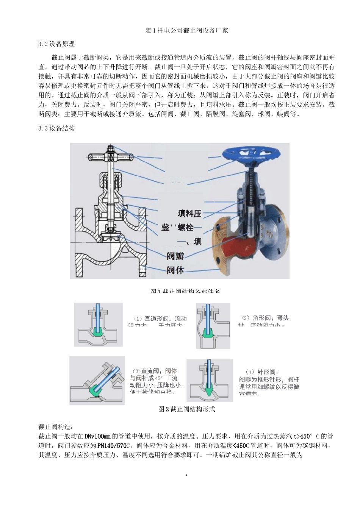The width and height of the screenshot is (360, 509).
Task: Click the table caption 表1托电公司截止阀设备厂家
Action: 186,31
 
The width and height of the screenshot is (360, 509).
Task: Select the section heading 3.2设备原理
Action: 56,44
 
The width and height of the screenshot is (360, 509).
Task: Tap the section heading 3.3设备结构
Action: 56,128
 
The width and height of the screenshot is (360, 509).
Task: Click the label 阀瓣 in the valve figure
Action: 175,256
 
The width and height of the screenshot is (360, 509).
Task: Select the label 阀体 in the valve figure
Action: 175,270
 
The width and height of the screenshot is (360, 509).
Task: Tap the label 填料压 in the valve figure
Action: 189,214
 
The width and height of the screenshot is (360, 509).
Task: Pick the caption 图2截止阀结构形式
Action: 186,409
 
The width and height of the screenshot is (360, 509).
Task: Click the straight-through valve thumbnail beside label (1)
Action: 99,325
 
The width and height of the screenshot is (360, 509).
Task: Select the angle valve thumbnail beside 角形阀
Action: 213,326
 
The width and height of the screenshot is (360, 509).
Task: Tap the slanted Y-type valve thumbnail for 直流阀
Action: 97,380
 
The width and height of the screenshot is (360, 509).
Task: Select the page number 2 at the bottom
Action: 186,474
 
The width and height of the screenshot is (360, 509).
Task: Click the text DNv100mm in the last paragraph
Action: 97,436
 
